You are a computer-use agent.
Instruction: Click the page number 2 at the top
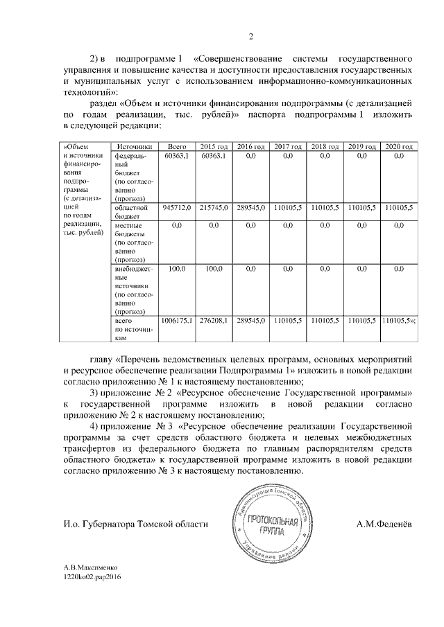point(252,37)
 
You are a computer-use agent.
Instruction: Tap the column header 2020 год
point(398,147)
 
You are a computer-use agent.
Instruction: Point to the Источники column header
point(135,147)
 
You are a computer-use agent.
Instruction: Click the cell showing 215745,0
point(214,208)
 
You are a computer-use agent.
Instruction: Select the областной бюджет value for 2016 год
point(251,208)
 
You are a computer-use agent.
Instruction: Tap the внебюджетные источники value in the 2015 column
point(214,268)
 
